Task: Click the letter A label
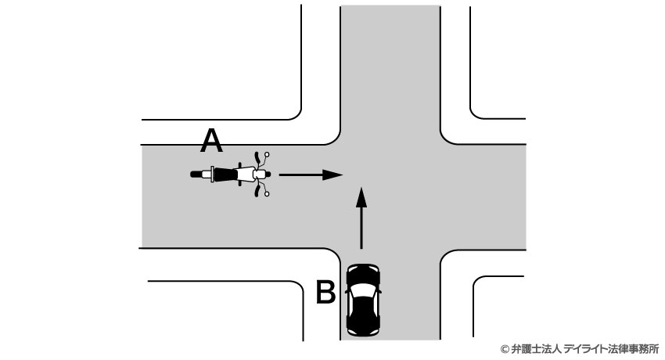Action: pyautogui.click(x=211, y=141)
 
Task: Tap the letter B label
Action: pyautogui.click(x=325, y=292)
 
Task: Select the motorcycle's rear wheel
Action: pyautogui.click(x=197, y=175)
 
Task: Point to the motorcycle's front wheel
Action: pyautogui.click(x=268, y=175)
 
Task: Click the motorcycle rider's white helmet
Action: pyautogui.click(x=259, y=175)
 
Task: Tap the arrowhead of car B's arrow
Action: pyautogui.click(x=361, y=196)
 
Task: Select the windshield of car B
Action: pyautogui.click(x=363, y=290)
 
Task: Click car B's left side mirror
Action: pyautogui.click(x=347, y=292)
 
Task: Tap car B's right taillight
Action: pyautogui.click(x=376, y=330)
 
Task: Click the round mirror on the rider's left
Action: pyautogui.click(x=267, y=154)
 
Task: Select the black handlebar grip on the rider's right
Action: pyautogui.click(x=257, y=192)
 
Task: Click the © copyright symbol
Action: pyautogui.click(x=505, y=349)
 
